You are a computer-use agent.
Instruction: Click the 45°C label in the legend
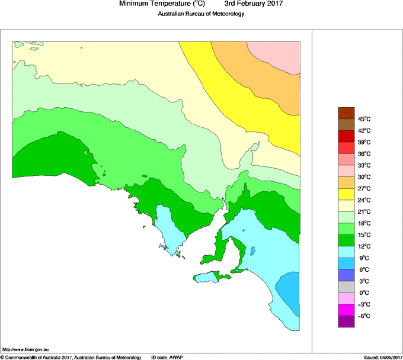click(x=364, y=119)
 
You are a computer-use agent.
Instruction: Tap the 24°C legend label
click(x=364, y=200)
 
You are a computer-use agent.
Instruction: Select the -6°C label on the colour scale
click(x=364, y=316)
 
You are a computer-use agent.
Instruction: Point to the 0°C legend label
click(x=364, y=293)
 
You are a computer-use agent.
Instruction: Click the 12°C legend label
click(x=364, y=246)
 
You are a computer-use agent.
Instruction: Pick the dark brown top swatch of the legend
click(x=346, y=113)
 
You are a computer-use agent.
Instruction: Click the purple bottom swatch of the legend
click(x=346, y=322)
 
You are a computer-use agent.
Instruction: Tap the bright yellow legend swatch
click(x=346, y=194)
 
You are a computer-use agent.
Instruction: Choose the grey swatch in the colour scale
click(x=346, y=287)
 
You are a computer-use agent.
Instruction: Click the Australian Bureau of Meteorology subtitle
click(x=201, y=14)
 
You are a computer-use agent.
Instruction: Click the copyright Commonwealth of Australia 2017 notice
click(x=71, y=357)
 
